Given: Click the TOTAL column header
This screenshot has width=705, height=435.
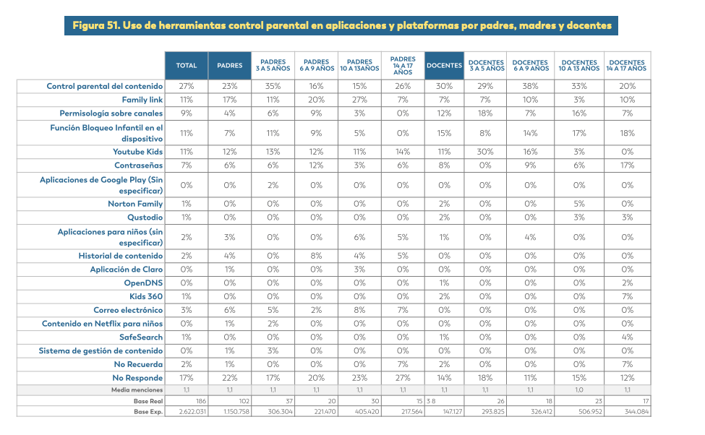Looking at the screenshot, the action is pyautogui.click(x=186, y=66).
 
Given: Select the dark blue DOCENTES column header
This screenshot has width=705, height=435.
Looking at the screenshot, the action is pyautogui.click(x=444, y=66).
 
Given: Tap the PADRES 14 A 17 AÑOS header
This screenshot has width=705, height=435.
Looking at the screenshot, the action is pyautogui.click(x=403, y=66).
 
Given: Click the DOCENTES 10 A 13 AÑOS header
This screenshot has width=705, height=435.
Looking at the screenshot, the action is pyautogui.click(x=579, y=66).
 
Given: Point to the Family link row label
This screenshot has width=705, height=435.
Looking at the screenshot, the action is pyautogui.click(x=142, y=100).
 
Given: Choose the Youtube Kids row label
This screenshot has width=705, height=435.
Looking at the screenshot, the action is pyautogui.click(x=137, y=152).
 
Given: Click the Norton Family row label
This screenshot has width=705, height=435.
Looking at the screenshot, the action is pyautogui.click(x=135, y=204).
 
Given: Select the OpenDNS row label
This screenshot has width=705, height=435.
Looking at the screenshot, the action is pyautogui.click(x=143, y=283).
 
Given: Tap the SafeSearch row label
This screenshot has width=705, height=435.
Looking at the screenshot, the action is pyautogui.click(x=141, y=337).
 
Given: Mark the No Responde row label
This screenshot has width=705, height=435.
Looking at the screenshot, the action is pyautogui.click(x=137, y=378).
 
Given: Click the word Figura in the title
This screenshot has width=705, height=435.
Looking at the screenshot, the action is pyautogui.click(x=88, y=25).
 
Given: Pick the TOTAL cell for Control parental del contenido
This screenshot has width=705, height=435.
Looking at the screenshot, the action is pyautogui.click(x=186, y=86).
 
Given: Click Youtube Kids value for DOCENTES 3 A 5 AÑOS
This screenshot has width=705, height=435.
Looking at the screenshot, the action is pyautogui.click(x=485, y=152).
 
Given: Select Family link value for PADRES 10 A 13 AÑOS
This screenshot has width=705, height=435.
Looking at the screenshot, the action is pyautogui.click(x=359, y=100).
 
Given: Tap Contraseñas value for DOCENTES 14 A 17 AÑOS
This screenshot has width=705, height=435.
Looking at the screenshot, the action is pyautogui.click(x=627, y=165).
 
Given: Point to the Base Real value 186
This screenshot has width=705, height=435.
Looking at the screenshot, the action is pyautogui.click(x=201, y=401).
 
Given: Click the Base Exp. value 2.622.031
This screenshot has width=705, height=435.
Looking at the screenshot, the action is pyautogui.click(x=192, y=412).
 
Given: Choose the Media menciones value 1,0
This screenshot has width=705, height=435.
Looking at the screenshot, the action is pyautogui.click(x=579, y=390).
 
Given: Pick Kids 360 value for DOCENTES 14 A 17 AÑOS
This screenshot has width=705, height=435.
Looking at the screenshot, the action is pyautogui.click(x=627, y=296).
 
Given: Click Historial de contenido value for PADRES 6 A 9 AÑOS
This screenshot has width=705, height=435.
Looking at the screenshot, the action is pyautogui.click(x=316, y=256).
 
